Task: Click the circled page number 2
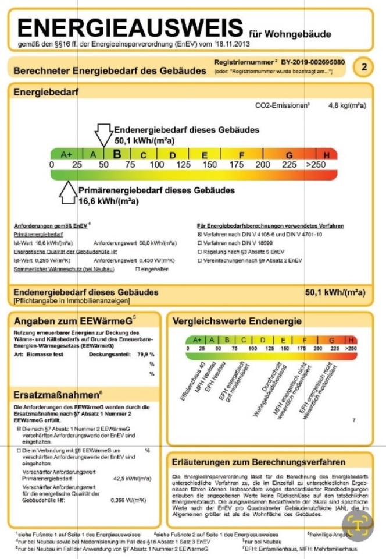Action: (364, 67)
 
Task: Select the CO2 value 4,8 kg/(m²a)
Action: (346, 105)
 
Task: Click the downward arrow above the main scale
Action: (104, 135)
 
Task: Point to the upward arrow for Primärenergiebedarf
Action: (68, 194)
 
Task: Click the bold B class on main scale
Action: (117, 154)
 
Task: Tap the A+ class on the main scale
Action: (67, 155)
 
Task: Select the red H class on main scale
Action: (327, 155)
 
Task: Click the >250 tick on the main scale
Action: (317, 165)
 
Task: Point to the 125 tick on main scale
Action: (183, 165)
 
